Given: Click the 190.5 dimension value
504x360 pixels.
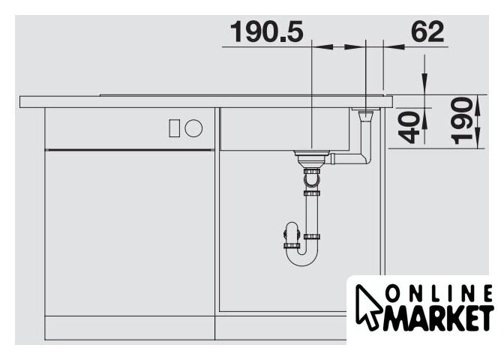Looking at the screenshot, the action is tap(266, 31).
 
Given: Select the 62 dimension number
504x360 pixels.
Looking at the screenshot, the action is tap(427, 31).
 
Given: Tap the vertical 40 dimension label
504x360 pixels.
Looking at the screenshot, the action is tap(409, 127).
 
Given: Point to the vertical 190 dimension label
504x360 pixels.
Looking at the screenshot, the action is tap(462, 121).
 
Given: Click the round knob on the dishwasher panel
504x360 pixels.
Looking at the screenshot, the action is tap(193, 128).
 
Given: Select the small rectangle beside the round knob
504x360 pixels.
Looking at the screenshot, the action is tap(175, 128).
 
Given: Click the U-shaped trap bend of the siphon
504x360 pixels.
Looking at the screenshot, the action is tap(301, 257).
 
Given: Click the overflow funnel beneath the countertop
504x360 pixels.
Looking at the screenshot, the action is tap(365, 115).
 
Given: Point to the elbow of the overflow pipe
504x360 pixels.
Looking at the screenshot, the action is tap(366, 158).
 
